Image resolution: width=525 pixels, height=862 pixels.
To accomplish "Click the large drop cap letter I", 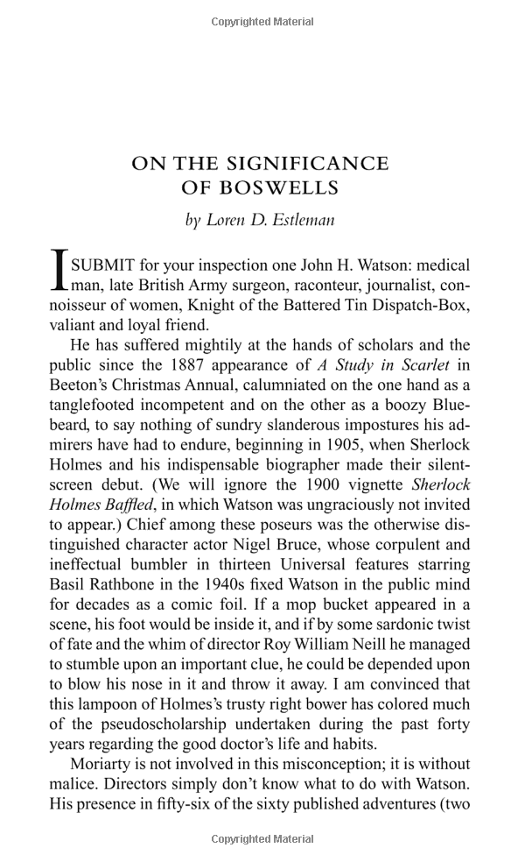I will click(59, 270).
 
